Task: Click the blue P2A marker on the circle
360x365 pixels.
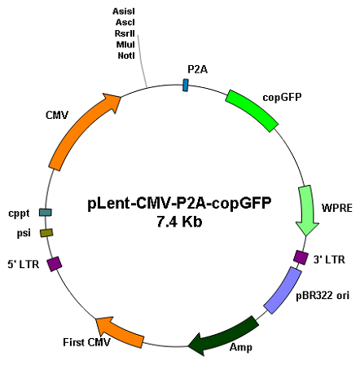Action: point(186,86)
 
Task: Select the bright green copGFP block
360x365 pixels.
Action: point(252,111)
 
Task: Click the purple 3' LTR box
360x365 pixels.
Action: point(301,257)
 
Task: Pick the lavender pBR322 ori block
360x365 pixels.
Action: point(283,290)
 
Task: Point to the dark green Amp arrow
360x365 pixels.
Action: point(224,336)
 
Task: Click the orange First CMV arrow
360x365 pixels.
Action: point(120,332)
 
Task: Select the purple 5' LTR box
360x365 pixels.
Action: point(55,264)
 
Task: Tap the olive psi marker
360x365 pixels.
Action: point(46,233)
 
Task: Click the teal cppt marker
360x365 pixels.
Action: point(46,213)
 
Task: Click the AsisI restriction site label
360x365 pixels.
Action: point(124,11)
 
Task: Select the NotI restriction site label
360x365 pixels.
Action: point(126,55)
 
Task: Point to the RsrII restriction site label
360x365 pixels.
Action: point(125,33)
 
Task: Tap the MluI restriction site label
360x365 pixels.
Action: point(125,45)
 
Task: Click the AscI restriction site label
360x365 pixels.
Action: point(125,22)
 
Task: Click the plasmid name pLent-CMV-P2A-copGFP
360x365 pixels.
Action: point(179,204)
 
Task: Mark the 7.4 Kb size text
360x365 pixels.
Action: point(179,222)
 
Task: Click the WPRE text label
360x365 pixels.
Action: point(337,208)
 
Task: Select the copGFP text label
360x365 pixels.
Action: point(282,97)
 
